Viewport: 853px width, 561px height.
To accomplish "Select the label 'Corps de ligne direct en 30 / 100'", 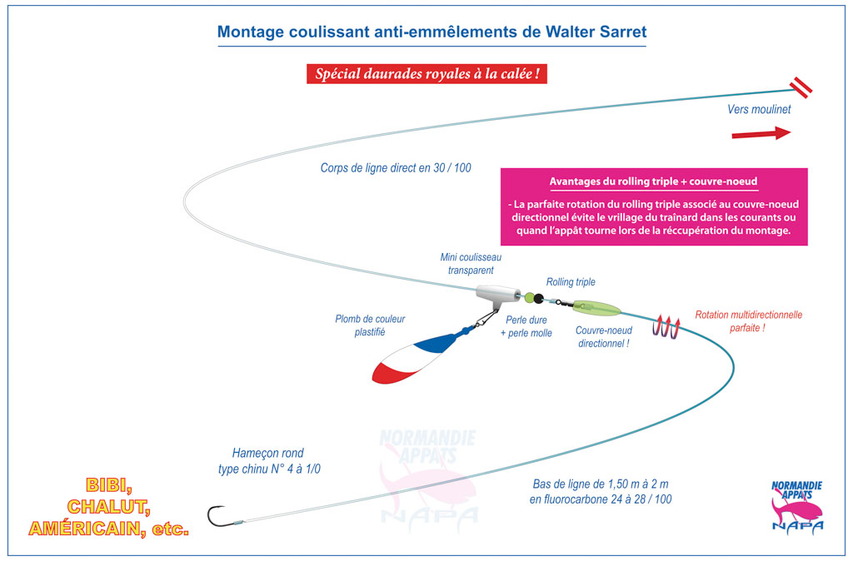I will coord(396,168).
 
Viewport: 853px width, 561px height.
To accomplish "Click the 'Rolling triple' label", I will coord(571,282).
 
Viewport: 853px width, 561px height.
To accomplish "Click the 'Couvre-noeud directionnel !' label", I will coord(603,336).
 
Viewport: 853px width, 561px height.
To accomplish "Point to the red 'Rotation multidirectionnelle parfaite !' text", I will coord(748,321).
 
